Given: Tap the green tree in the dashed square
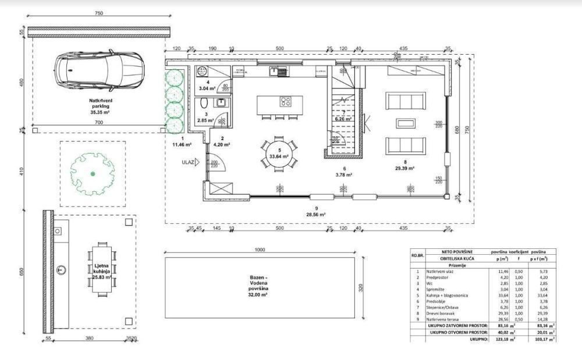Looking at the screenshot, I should point(93,173).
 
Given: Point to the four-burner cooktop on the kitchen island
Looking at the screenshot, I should point(285,101).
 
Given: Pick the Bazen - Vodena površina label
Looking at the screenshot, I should point(260,287).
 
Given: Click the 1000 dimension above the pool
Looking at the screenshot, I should point(260,249).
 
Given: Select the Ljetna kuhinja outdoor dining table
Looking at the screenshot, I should point(102,269).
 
